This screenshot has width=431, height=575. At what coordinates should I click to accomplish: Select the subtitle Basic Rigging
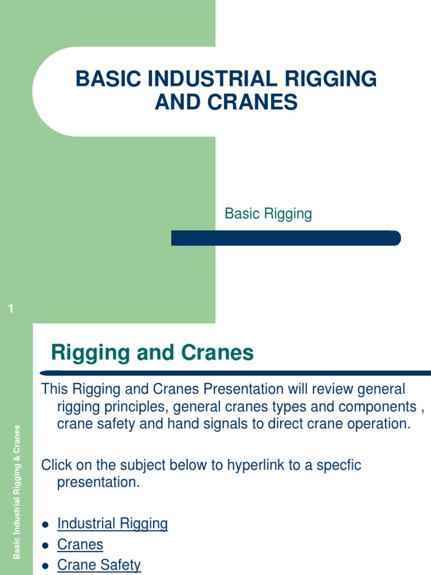pyautogui.click(x=268, y=213)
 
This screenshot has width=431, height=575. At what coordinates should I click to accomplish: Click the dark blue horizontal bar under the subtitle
pyautogui.click(x=286, y=238)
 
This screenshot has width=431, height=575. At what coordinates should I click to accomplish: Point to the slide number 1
pyautogui.click(x=11, y=308)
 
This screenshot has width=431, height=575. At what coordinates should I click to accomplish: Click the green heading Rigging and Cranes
pyautogui.click(x=152, y=353)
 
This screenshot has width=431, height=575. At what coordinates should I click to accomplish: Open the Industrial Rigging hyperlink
pyautogui.click(x=112, y=524)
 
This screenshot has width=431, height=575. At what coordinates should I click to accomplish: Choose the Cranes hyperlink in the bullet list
pyautogui.click(x=80, y=545)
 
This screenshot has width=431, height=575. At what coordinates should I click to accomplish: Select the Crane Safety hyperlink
pyautogui.click(x=99, y=565)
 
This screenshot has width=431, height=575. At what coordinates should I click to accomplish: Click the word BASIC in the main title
pyautogui.click(x=107, y=79)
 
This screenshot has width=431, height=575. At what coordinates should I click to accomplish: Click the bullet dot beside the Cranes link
pyautogui.click(x=45, y=545)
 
